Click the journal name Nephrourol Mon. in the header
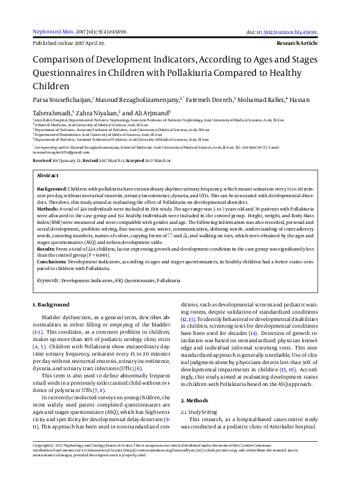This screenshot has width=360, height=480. (x=53, y=32)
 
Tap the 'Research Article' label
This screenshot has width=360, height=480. (x=297, y=44)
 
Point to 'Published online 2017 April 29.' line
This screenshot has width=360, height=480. (x=69, y=44)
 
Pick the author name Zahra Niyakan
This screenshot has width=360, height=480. (x=97, y=113)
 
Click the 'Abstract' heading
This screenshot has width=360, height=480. (x=48, y=175)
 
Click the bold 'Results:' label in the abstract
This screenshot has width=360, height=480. (x=47, y=249)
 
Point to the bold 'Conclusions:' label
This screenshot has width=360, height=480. (x=52, y=261)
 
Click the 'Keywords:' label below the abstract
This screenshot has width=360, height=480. (x=48, y=281)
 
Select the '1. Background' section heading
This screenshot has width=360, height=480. (x=50, y=303)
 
